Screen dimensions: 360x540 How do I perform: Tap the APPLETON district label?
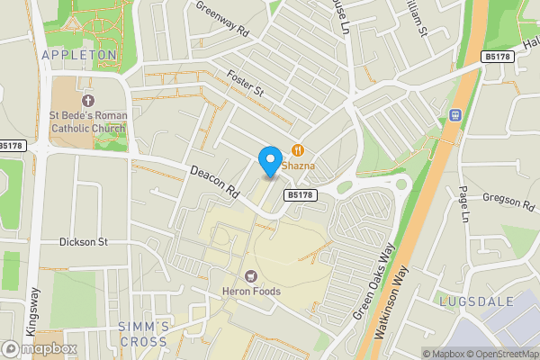coord(79,55)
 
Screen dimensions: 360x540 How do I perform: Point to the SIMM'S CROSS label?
coord(142,334)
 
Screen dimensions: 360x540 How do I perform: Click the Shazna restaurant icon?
coord(297,151)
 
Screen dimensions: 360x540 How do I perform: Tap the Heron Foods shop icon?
coord(251,275)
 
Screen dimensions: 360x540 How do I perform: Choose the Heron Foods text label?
coord(251,292)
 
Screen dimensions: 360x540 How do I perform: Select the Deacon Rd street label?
coord(212,180)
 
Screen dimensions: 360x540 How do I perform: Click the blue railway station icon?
coord(455,114)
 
